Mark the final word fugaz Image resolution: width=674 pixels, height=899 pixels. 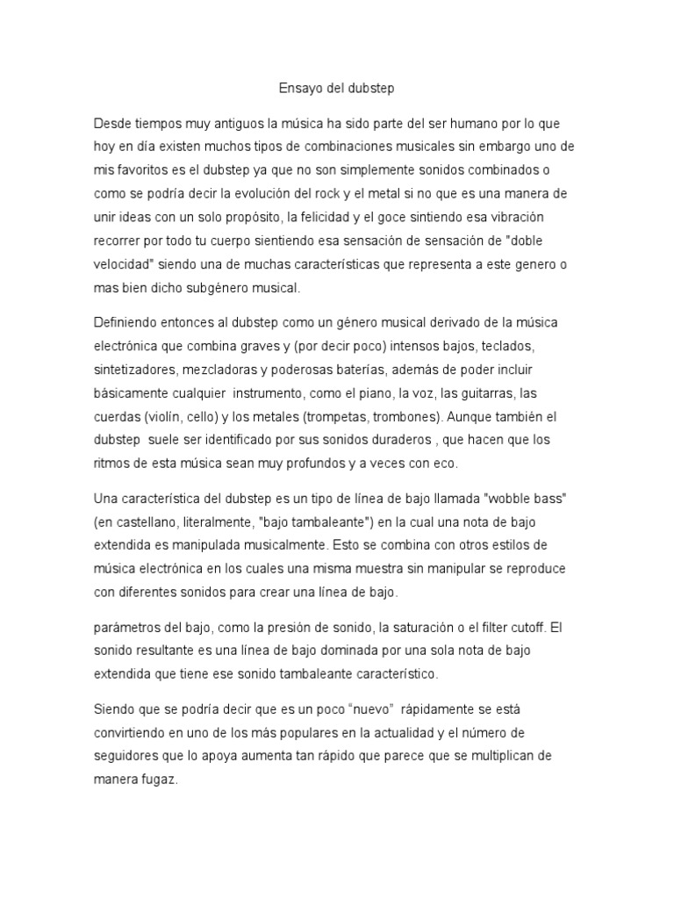(x=159, y=779)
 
